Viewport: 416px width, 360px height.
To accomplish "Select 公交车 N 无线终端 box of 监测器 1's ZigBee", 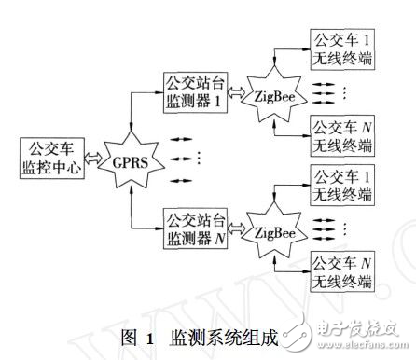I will (343, 133).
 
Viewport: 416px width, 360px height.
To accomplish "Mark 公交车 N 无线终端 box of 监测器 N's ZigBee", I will (343, 271).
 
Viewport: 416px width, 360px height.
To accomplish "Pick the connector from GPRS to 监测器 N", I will (140, 215).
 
